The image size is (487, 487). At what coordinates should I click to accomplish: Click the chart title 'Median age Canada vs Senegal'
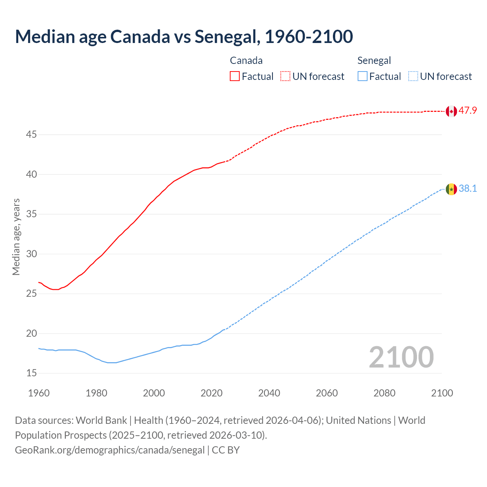coord(184,37)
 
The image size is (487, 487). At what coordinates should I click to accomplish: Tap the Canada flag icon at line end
coord(451,111)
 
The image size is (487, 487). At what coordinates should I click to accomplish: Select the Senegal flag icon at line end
coord(451,189)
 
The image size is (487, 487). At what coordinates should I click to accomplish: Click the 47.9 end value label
coord(468,111)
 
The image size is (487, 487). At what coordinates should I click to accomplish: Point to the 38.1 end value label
coord(468,189)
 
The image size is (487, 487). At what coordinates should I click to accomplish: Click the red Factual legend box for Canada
coord(235,76)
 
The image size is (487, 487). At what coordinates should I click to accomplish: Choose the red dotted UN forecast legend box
coord(285,76)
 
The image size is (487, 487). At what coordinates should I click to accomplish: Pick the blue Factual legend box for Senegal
coord(363,76)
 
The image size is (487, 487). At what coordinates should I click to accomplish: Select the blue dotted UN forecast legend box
coord(413,76)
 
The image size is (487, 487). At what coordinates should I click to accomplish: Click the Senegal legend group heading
coord(374,60)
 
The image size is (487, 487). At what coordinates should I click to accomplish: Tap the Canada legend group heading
coord(246,60)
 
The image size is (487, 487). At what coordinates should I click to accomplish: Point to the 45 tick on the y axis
coord(32,135)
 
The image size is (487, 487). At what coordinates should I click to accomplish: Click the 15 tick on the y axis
coord(32,373)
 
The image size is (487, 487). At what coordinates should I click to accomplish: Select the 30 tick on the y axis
coord(32,254)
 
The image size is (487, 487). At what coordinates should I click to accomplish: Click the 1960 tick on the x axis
coord(39,393)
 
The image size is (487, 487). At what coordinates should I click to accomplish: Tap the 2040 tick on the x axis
coord(269,393)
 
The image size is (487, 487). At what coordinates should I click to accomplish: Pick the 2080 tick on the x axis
coord(384,393)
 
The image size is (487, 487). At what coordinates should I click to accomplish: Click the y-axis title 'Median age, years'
coord(16,237)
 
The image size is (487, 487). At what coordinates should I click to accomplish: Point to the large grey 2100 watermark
coord(401,357)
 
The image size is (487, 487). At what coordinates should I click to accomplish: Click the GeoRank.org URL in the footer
coord(110,450)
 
